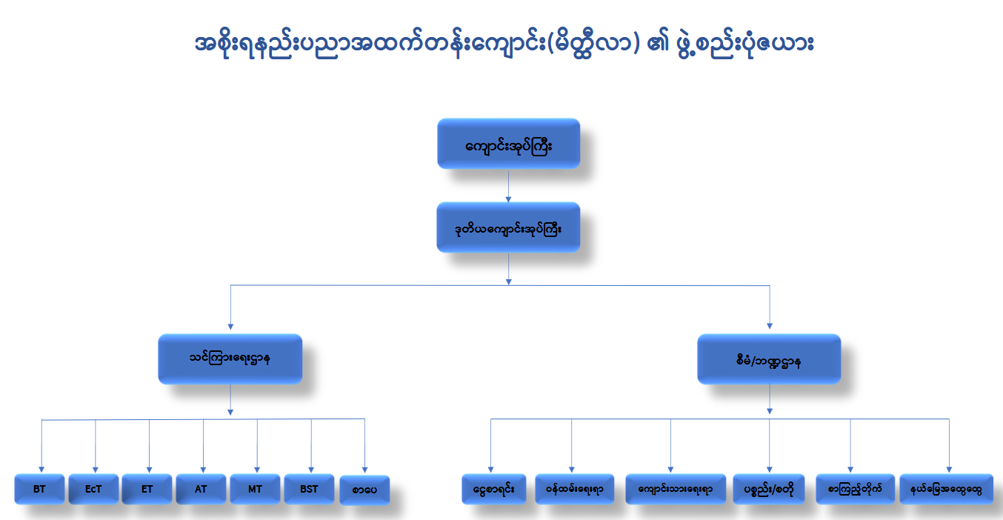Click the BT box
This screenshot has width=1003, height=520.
[39, 489]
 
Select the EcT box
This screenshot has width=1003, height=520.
[93, 489]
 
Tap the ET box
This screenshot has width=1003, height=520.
[147, 489]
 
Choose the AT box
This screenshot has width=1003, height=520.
[201, 489]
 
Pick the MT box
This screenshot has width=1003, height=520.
[255, 489]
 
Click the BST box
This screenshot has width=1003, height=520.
[309, 489]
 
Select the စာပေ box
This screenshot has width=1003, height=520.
[364, 490]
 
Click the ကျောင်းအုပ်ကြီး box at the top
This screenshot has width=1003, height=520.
[509, 143]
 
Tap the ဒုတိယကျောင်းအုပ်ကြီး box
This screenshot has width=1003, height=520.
[508, 227]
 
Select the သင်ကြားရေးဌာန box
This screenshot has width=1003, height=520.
[230, 359]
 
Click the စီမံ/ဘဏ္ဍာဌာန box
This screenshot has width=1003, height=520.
[769, 359]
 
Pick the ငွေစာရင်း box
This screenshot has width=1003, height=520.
[494, 489]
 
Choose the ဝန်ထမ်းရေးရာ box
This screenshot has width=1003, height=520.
[575, 489]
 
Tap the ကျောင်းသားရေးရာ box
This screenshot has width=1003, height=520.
[676, 489]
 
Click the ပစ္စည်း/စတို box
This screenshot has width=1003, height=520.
[769, 489]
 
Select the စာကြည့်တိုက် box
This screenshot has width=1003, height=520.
[856, 489]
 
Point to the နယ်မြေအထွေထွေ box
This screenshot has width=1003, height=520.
[947, 489]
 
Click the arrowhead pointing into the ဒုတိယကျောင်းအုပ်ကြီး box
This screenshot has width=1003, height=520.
[508, 199]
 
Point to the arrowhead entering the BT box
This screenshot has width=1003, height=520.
[41, 470]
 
